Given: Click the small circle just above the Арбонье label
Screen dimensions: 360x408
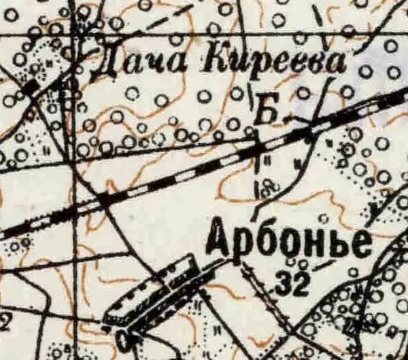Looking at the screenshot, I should [322, 219].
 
